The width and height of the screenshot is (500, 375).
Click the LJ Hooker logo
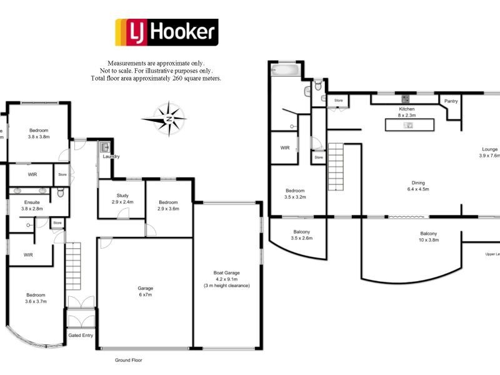(166, 32)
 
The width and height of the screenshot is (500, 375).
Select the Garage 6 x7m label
(145, 291)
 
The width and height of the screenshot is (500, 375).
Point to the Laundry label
(111, 156)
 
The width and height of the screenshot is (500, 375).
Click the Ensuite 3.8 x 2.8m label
(30, 205)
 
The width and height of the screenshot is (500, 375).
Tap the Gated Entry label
(79, 336)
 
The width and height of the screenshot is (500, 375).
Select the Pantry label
(450, 101)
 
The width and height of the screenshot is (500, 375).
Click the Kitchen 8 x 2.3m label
(407, 112)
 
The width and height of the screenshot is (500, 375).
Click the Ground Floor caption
(128, 361)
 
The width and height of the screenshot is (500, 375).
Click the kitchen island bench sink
(409, 125)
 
